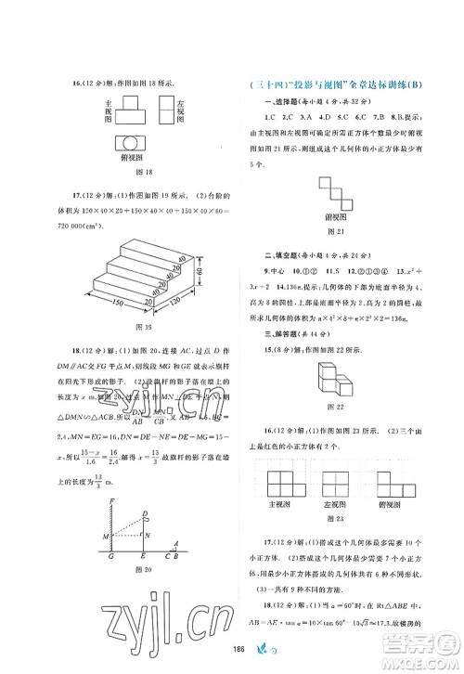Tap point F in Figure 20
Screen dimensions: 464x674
[110, 502]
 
